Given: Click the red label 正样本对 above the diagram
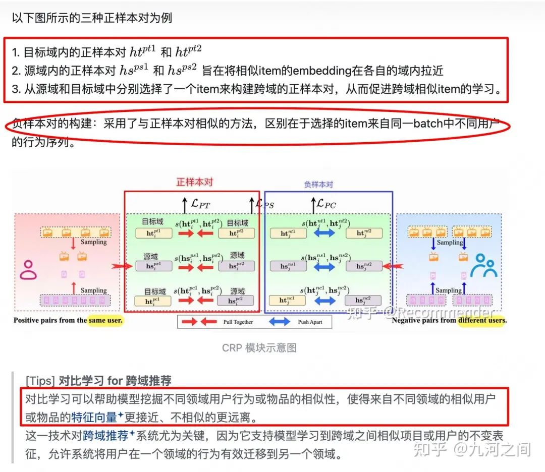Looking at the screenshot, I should [194, 183].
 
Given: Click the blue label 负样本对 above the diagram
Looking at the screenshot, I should [318, 185].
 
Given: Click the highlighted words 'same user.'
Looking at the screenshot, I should [105, 320].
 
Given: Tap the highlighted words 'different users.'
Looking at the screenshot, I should [482, 320].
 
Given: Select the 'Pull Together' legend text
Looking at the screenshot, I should [238, 322].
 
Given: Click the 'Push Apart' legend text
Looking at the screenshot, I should [310, 322].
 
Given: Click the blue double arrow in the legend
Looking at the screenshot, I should [279, 322].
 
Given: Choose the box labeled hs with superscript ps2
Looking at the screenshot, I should [236, 266].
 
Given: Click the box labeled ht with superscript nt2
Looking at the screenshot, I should [364, 233].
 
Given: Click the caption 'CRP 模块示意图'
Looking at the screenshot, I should [259, 348].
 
